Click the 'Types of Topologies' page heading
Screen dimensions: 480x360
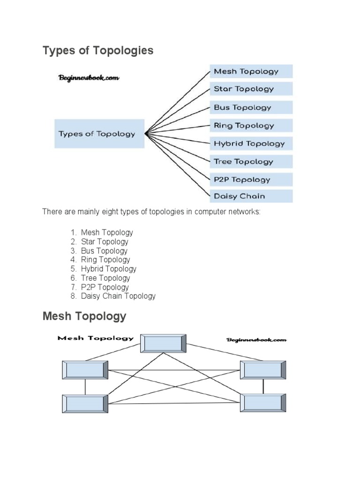[98, 51]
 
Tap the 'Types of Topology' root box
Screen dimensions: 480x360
[99, 134]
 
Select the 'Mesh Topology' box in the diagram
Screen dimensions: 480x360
[251, 71]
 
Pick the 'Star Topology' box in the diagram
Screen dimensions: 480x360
[251, 89]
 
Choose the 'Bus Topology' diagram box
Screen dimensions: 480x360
[251, 107]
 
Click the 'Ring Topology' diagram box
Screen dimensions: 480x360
[251, 126]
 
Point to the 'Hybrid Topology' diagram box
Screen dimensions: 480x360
[251, 143]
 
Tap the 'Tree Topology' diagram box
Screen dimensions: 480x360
[251, 162]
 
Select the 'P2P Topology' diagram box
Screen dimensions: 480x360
[251, 180]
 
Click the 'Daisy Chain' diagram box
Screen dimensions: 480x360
[251, 196]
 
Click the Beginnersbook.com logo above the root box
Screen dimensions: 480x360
[89, 78]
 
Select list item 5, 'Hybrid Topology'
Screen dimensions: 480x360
[108, 269]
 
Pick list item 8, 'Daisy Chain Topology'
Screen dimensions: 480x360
[118, 296]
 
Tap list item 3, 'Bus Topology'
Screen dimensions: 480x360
[104, 251]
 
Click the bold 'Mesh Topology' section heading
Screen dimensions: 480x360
[84, 316]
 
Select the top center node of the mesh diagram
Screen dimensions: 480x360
[164, 343]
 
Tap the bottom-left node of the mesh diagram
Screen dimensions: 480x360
[85, 404]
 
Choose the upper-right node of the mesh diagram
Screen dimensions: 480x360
[262, 370]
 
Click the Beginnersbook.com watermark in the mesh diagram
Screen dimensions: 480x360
[256, 340]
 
